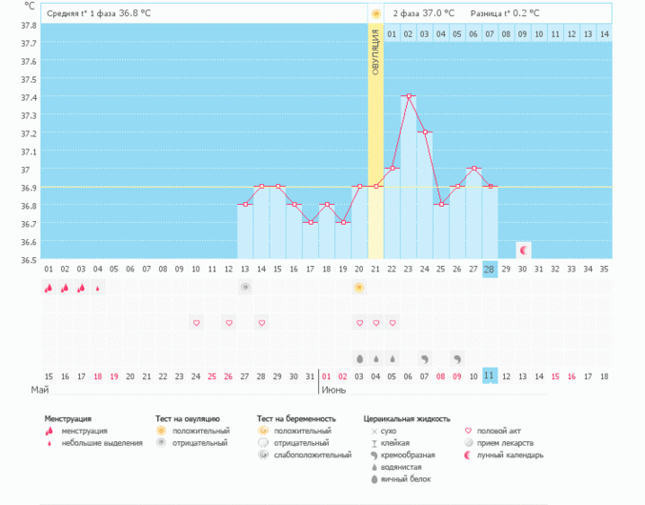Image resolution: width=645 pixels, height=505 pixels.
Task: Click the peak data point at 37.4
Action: click(x=408, y=96)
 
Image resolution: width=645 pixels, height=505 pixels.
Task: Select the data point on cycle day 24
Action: click(x=424, y=132)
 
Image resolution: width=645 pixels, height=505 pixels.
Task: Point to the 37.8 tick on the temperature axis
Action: click(x=29, y=25)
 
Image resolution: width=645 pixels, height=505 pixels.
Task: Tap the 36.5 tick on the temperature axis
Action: click(x=29, y=259)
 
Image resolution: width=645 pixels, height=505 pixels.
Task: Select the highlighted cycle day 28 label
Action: click(x=490, y=270)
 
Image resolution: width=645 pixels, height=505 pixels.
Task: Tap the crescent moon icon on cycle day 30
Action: click(x=522, y=250)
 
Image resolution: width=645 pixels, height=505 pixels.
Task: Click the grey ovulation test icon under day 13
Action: click(x=245, y=287)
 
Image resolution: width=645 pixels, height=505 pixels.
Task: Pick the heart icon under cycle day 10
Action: click(x=196, y=323)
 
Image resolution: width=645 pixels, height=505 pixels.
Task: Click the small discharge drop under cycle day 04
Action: click(x=97, y=288)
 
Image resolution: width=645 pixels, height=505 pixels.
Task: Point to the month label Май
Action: click(x=40, y=391)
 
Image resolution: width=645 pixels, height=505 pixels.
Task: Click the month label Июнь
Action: click(x=333, y=391)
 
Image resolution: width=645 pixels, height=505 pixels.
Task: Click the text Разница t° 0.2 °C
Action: click(x=504, y=13)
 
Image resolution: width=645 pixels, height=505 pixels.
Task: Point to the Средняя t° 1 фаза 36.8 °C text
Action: click(x=99, y=13)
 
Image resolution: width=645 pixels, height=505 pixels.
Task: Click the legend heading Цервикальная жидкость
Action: click(x=407, y=418)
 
